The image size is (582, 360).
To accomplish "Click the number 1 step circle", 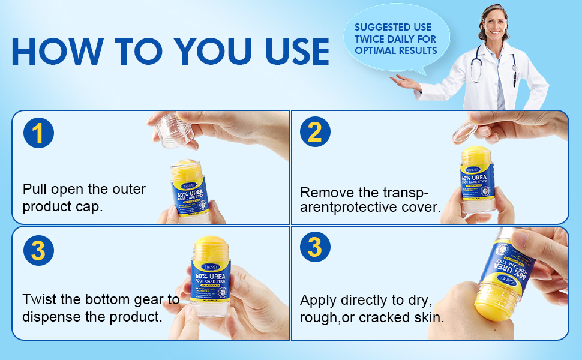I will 38,133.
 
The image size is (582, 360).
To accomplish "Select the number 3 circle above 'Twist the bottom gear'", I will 38,250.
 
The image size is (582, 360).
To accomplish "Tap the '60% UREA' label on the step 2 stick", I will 478,178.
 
